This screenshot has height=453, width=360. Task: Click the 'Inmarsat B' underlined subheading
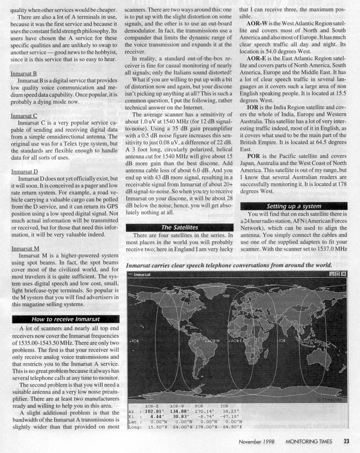pyautogui.click(x=23, y=73)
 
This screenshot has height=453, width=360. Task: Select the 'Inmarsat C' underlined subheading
pyautogui.click(x=23, y=116)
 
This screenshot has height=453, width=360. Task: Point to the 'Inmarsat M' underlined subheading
pyautogui.click(x=24, y=249)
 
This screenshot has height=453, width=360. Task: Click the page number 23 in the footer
pyautogui.click(x=347, y=442)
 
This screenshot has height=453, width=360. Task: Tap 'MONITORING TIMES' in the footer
pyautogui.click(x=311, y=442)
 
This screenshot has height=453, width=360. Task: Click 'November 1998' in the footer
pyautogui.click(x=257, y=442)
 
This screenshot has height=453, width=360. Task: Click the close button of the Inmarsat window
pyautogui.click(x=344, y=274)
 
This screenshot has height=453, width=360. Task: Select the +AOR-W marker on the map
pyautogui.click(x=214, y=341)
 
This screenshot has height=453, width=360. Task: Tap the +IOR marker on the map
pyautogui.click(x=281, y=341)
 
